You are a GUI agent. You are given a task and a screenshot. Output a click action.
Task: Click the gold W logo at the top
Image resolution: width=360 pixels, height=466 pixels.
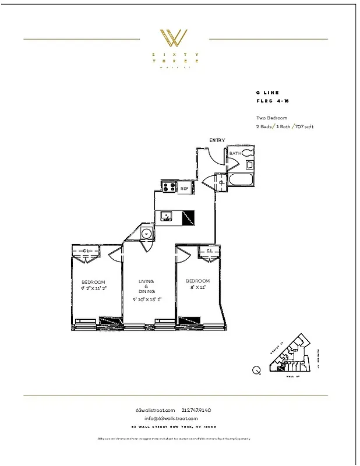174,38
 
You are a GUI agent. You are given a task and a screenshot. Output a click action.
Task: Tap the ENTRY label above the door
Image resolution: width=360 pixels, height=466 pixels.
217,140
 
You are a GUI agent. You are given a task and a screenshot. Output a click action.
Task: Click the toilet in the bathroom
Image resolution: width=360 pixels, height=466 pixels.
248,153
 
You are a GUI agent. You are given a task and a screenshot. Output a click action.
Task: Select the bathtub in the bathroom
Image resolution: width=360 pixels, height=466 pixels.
241,180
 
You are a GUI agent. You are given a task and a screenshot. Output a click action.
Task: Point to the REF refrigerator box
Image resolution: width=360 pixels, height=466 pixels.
184,188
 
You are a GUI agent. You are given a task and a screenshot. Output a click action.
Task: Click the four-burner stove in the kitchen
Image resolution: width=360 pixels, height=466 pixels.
169,188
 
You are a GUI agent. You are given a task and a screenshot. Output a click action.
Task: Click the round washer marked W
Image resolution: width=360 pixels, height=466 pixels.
147,234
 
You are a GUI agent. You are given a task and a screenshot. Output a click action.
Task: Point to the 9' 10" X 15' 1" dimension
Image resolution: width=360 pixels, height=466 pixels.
146,300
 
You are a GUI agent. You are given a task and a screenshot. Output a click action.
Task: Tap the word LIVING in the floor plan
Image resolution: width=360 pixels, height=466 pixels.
146,282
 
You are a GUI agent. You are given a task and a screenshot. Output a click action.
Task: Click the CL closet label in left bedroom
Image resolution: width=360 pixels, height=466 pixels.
86,251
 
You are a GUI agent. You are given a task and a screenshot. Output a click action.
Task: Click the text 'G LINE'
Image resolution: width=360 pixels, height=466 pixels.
267,93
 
